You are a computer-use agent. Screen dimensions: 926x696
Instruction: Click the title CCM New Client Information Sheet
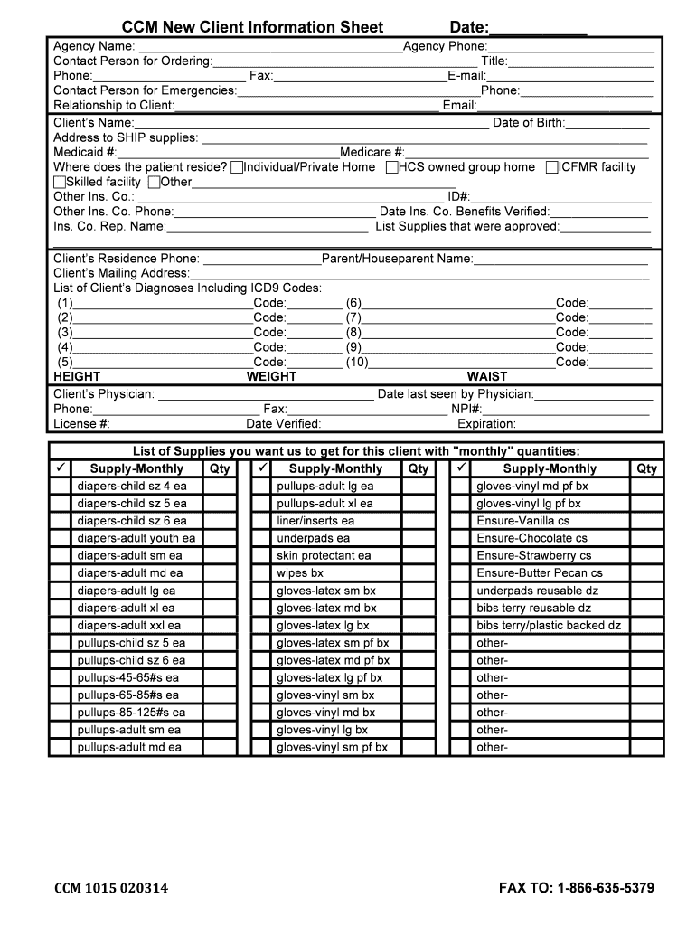pyautogui.click(x=252, y=27)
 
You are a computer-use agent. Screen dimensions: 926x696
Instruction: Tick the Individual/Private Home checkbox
pyautogui.click(x=237, y=167)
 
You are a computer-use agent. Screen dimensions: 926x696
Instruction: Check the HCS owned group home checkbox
pyautogui.click(x=391, y=167)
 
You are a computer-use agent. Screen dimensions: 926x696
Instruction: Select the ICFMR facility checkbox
pyautogui.click(x=551, y=167)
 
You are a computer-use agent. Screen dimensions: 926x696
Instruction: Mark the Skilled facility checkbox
pyautogui.click(x=60, y=182)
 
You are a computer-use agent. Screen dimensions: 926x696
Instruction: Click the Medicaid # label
pyautogui.click(x=85, y=153)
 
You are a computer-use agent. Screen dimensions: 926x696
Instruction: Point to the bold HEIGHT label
pyautogui.click(x=77, y=377)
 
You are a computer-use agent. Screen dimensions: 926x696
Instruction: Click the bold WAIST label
pyautogui.click(x=487, y=377)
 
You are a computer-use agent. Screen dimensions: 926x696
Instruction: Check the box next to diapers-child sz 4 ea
pyautogui.click(x=60, y=487)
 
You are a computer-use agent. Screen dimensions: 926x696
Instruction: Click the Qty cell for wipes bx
pyautogui.click(x=418, y=573)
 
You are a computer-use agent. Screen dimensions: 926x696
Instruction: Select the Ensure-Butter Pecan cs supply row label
pyautogui.click(x=539, y=573)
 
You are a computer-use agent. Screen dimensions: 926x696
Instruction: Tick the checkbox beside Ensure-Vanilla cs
pyautogui.click(x=460, y=522)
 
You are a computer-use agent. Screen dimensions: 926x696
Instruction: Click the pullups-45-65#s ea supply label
pyautogui.click(x=127, y=678)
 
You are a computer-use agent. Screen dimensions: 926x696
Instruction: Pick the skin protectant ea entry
pyautogui.click(x=324, y=556)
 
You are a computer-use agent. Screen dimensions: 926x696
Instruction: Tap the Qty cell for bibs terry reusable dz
pyautogui.click(x=646, y=609)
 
